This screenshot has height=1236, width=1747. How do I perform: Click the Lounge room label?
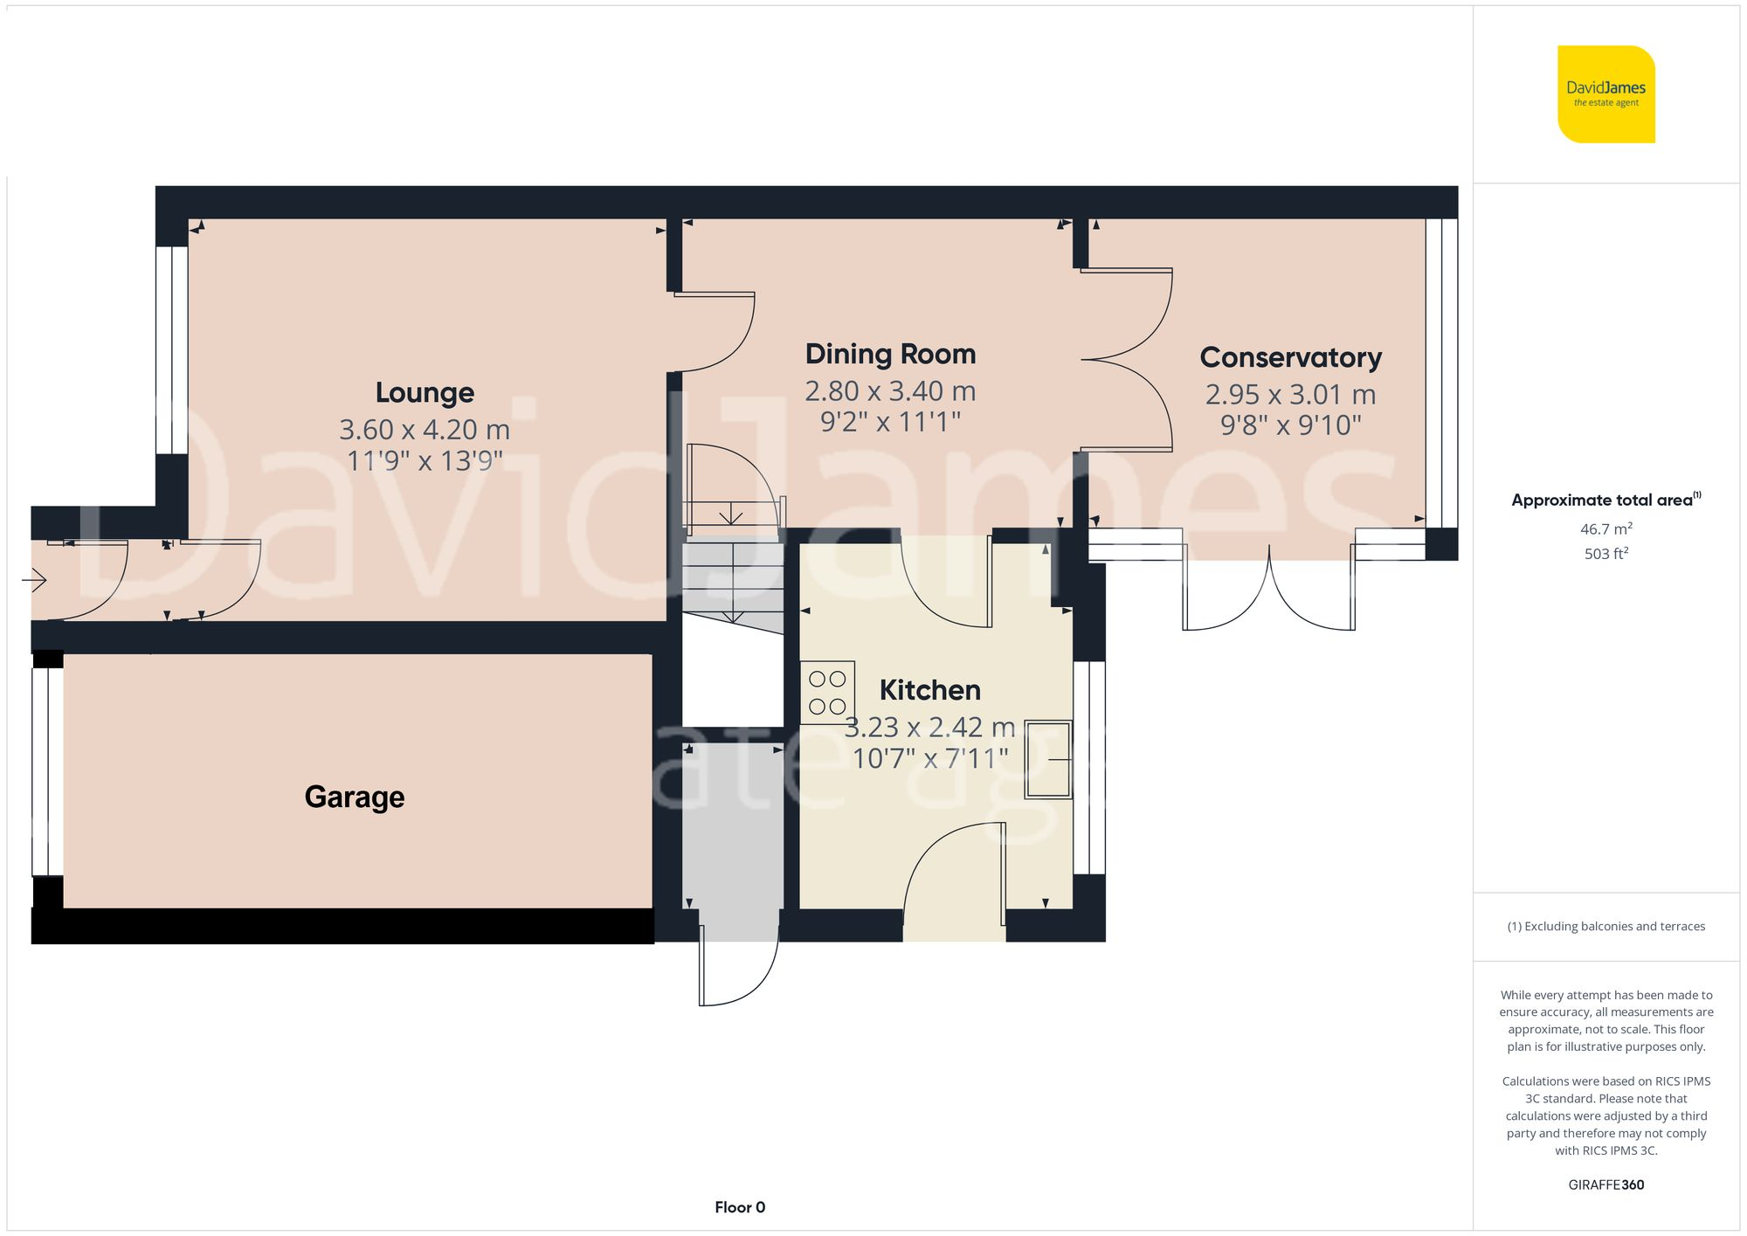pyautogui.click(x=425, y=393)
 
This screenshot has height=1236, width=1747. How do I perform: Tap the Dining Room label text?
pyautogui.click(x=890, y=354)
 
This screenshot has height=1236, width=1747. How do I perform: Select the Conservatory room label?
pyautogui.click(x=1290, y=357)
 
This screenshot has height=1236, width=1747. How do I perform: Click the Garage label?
pyautogui.click(x=355, y=797)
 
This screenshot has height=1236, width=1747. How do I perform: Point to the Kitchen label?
pyautogui.click(x=929, y=690)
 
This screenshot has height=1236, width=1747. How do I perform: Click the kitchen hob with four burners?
pyautogui.click(x=827, y=693)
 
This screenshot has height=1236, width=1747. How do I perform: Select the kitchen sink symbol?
pyautogui.click(x=1048, y=759)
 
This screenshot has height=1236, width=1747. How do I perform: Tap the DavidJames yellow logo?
pyautogui.click(x=1605, y=94)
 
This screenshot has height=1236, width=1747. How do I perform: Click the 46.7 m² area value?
pyautogui.click(x=1605, y=528)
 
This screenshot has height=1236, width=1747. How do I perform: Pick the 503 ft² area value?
pyautogui.click(x=1605, y=554)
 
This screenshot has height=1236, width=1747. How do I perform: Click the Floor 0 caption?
pyautogui.click(x=740, y=1207)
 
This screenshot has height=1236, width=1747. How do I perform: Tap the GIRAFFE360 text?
pyautogui.click(x=1605, y=1184)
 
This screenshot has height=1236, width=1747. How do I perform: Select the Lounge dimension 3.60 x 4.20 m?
pyautogui.click(x=425, y=430)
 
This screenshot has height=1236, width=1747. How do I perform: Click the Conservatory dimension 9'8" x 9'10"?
pyautogui.click(x=1290, y=425)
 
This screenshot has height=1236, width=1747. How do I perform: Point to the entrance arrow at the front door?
pyautogui.click(x=34, y=579)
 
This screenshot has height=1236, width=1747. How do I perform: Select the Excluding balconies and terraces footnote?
pyautogui.click(x=1605, y=926)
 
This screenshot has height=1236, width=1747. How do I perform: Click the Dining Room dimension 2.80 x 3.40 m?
pyautogui.click(x=890, y=391)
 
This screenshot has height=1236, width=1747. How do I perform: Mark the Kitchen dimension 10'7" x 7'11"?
pyautogui.click(x=929, y=758)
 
